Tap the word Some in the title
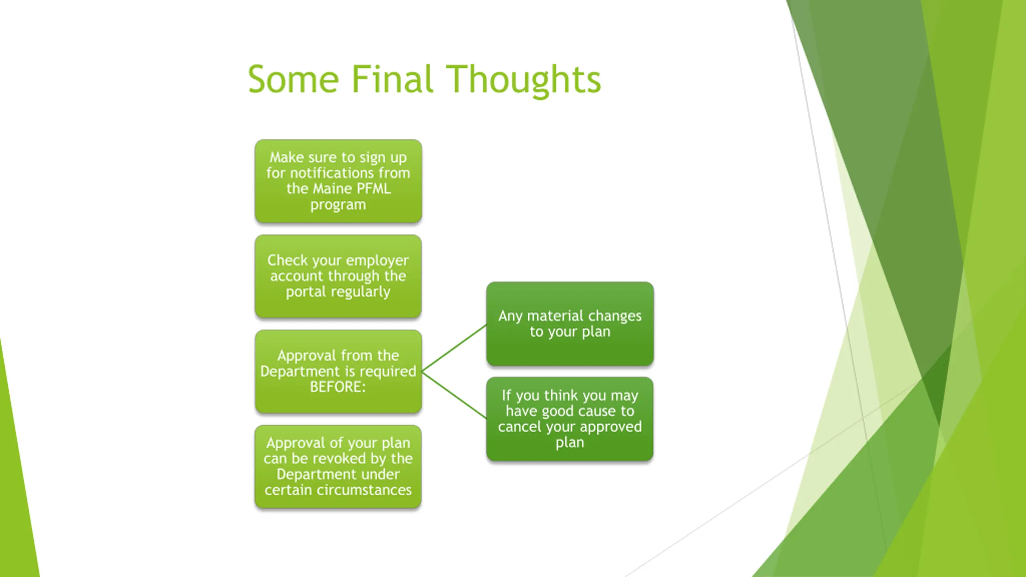pos(293,79)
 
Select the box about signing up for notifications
pos(338,181)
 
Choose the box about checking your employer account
pos(338,276)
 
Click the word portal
pos(305,292)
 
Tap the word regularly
pos(360,292)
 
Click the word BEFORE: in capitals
pos(338,387)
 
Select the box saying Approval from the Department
pos(338,371)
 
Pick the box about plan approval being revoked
pos(338,467)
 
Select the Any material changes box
pos(570,324)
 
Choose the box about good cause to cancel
pos(570,419)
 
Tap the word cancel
pos(519,427)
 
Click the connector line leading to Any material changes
pos(454,348)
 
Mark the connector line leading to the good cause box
pos(454,395)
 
